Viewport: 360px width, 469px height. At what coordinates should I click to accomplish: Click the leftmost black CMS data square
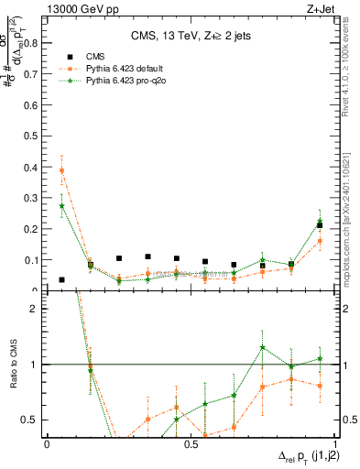coord(61,279)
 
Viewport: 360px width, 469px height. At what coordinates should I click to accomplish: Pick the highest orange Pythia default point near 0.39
coord(61,170)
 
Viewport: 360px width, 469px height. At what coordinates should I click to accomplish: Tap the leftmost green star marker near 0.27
coord(61,206)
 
